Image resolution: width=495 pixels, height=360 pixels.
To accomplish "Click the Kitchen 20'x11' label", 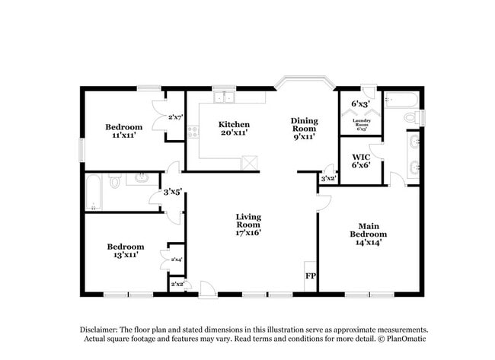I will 234,129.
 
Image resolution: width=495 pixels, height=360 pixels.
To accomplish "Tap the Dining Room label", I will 303,128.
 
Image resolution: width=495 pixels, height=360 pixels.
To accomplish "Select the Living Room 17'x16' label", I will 247,225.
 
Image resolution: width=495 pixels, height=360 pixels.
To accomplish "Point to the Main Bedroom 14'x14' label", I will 369,234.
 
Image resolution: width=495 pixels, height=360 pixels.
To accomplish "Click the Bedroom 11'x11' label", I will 123,131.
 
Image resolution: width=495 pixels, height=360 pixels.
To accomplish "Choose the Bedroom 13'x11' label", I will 125,251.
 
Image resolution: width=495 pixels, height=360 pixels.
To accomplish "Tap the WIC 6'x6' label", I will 360,162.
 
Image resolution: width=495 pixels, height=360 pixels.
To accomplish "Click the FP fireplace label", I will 310,276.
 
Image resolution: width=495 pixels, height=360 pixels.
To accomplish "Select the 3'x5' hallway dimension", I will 173,192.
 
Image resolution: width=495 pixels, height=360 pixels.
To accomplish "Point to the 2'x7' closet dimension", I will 175,117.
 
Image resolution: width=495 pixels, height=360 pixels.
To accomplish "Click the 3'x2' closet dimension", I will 328,179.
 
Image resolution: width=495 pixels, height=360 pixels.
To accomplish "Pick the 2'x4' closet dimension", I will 175,260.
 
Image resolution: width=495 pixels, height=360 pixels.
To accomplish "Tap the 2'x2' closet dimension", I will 176,285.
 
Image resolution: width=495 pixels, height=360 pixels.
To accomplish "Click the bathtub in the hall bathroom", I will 94,191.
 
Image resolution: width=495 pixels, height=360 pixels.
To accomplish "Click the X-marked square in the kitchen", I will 248,162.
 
